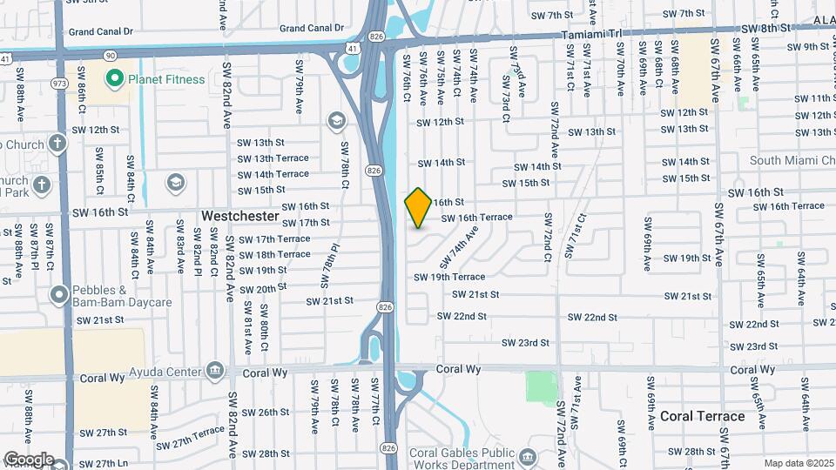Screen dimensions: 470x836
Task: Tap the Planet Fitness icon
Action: [113, 80]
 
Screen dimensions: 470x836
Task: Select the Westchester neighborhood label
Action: [240, 215]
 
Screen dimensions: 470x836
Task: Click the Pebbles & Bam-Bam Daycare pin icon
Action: [59, 295]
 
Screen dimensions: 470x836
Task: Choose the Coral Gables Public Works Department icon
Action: [528, 456]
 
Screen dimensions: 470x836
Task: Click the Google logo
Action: [29, 459]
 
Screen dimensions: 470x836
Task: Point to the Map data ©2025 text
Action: [799, 462]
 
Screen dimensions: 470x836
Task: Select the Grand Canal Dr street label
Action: [113, 31]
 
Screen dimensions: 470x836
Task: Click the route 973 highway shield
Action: [58, 84]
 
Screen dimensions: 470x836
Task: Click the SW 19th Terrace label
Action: [448, 277]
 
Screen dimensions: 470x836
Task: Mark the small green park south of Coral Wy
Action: [541, 386]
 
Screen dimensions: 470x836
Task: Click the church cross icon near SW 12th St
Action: [57, 144]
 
